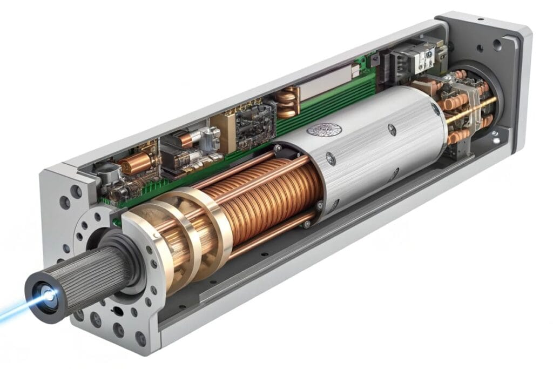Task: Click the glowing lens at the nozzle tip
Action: click(x=48, y=295)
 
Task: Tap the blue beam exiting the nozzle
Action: click(x=16, y=311)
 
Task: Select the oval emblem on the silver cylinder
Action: click(x=324, y=130)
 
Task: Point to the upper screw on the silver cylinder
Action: click(x=392, y=130)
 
